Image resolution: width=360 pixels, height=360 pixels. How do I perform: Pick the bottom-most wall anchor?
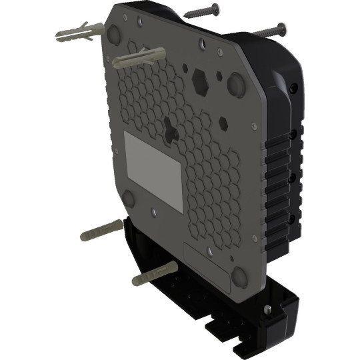(155, 273)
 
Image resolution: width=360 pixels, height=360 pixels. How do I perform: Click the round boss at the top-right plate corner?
(237, 83)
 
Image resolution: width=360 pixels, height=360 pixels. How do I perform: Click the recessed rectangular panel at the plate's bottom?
(207, 267)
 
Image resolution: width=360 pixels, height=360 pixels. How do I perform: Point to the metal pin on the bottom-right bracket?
(267, 309)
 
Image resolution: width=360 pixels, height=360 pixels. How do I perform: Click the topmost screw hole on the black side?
(293, 87)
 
